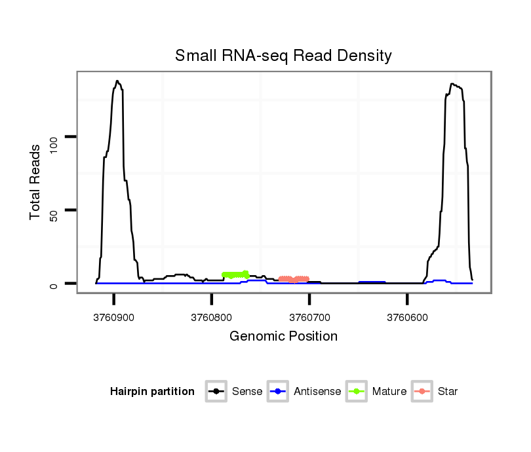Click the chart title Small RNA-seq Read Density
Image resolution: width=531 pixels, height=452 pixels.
283,56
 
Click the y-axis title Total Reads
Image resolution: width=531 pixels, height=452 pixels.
36,182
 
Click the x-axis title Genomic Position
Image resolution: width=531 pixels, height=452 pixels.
283,337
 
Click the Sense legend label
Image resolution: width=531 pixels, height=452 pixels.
247,392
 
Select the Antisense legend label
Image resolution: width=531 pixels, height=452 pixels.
317,392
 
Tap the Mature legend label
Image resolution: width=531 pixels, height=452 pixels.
389,392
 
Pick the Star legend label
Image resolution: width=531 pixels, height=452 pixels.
447,392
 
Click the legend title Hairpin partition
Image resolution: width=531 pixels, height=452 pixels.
152,392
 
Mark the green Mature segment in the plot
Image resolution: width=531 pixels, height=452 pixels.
235,274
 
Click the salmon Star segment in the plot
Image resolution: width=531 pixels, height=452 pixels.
294,279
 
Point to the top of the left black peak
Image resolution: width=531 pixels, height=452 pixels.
117,81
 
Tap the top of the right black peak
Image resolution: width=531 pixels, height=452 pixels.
452,84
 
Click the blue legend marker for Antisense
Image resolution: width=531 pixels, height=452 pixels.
278,392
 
